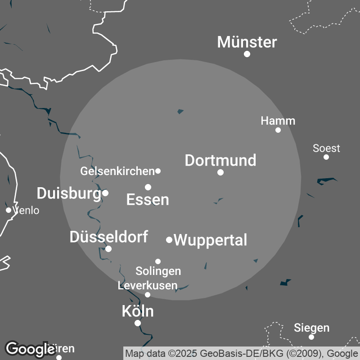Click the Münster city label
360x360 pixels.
coord(247,42)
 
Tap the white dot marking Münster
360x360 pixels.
coord(247,54)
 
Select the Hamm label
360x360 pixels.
coord(278,121)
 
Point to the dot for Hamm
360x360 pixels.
coord(278,130)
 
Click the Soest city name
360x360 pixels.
coord(326,148)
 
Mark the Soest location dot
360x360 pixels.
coord(326,157)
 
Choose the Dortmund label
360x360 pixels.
coord(220,160)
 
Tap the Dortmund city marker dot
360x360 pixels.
coord(220,172)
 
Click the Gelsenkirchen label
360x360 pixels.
coord(117,171)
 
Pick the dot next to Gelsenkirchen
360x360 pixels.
coord(158,171)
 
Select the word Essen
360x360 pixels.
coord(148,199)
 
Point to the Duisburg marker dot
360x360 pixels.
coord(105,193)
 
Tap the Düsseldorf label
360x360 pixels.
coord(108,237)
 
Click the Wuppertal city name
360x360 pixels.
coord(210,240)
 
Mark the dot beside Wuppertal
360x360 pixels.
coord(169,240)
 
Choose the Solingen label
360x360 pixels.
coord(158,271)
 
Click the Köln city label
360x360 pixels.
coord(138,311)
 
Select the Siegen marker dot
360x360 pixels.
coord(311,337)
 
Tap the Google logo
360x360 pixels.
coord(30,349)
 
